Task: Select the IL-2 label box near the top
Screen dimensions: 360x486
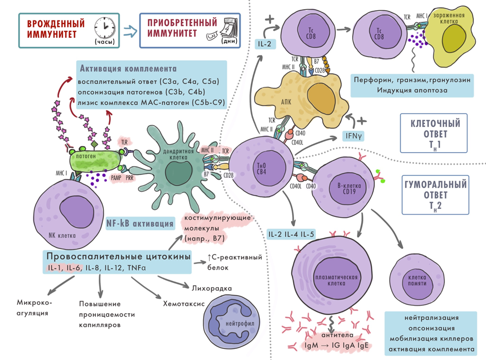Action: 265,45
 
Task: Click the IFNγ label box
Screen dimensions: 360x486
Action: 353,136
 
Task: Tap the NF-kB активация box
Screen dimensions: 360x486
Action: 140,224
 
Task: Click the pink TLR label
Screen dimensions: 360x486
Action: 124,143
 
